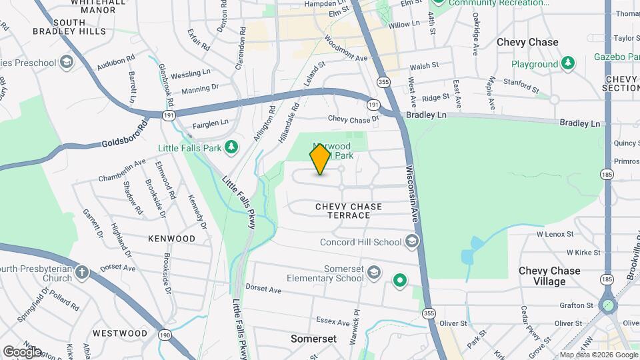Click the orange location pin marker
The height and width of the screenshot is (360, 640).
point(320,159)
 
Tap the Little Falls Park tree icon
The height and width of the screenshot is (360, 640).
point(231,147)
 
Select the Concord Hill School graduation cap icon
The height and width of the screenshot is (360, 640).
point(412,242)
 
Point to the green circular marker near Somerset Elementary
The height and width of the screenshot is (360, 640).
point(399,281)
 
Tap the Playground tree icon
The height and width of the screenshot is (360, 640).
point(567,64)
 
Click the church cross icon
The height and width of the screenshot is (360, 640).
point(81,273)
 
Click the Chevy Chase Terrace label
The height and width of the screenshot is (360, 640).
point(349,211)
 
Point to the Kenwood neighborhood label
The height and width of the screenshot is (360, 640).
point(171,238)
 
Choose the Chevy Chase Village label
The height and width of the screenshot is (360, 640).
point(549,276)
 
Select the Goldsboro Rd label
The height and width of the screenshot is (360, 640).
point(125,135)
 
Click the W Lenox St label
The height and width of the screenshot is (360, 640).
point(555,234)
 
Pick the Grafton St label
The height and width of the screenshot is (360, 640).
point(577,305)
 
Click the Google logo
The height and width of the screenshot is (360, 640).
point(22,351)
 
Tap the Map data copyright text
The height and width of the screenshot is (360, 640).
point(599,355)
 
